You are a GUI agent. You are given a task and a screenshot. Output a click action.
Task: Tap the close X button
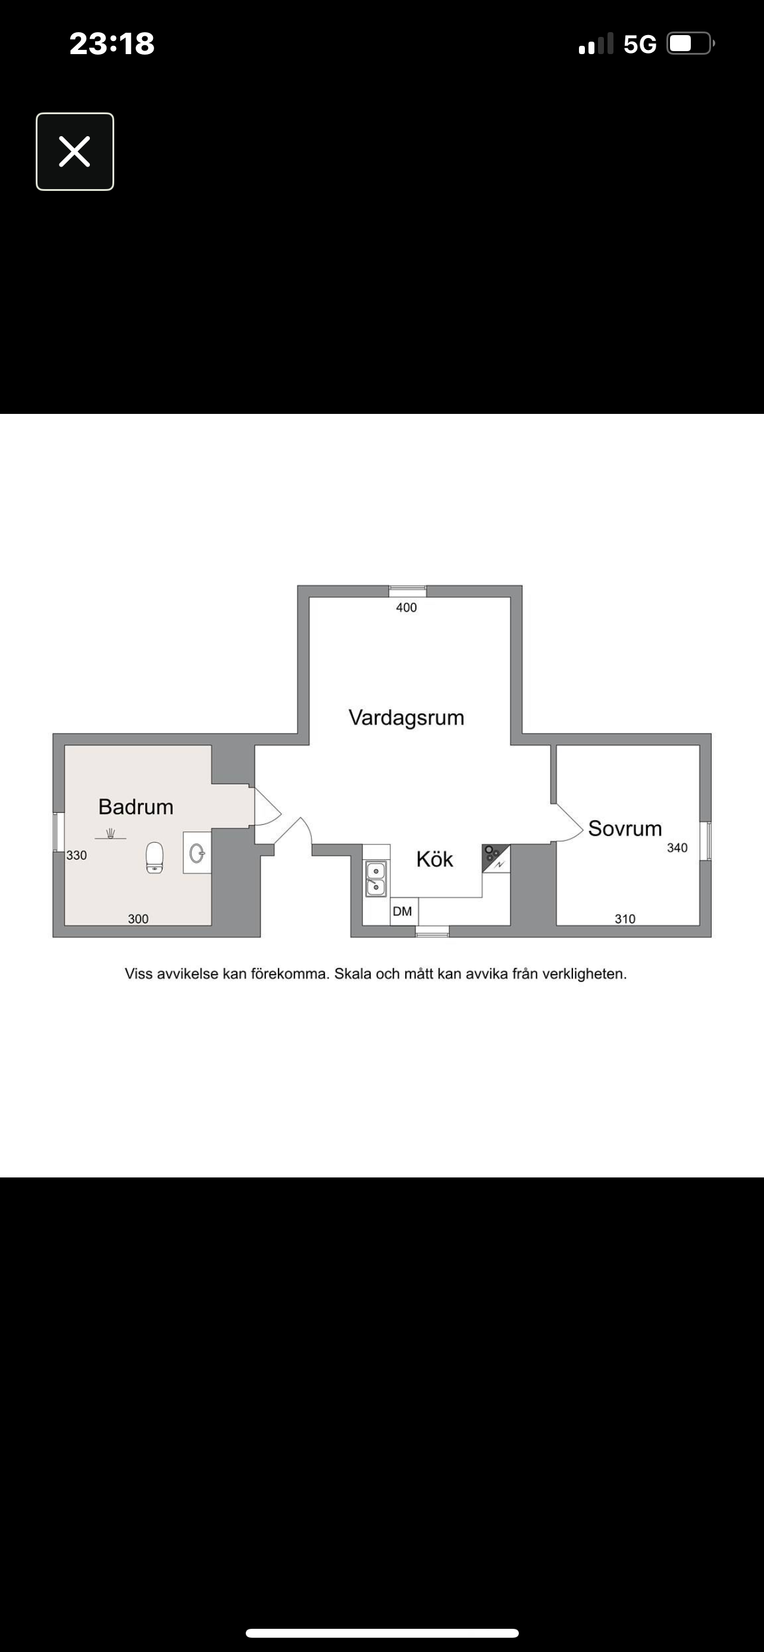click(x=75, y=152)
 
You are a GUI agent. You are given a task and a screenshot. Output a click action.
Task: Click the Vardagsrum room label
click(x=406, y=718)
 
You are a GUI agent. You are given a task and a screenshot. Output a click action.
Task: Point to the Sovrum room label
click(x=625, y=828)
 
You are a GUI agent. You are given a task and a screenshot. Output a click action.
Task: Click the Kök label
click(x=434, y=859)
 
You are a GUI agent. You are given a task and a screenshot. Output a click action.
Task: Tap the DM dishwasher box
click(x=403, y=911)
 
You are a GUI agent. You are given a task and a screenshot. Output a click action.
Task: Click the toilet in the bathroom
click(x=155, y=858)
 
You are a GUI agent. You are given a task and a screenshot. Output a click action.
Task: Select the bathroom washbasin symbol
click(x=197, y=853)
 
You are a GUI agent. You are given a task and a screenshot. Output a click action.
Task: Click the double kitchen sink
click(x=376, y=878)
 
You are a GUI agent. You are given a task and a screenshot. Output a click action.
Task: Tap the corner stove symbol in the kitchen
click(x=496, y=858)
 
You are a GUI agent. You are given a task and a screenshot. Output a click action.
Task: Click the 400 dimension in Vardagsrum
click(x=406, y=607)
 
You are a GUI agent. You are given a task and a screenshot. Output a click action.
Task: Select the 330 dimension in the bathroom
click(x=76, y=855)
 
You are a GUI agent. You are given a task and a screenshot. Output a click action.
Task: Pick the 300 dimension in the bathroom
click(x=138, y=918)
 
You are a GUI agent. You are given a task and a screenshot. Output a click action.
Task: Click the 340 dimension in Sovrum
click(x=677, y=848)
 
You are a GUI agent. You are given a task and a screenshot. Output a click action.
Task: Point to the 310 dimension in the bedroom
click(x=625, y=918)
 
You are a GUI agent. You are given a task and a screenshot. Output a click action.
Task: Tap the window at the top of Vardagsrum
click(x=408, y=591)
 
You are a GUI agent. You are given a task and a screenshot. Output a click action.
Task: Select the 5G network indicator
click(x=640, y=44)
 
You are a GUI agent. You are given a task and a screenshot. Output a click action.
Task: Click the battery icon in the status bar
click(x=691, y=43)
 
